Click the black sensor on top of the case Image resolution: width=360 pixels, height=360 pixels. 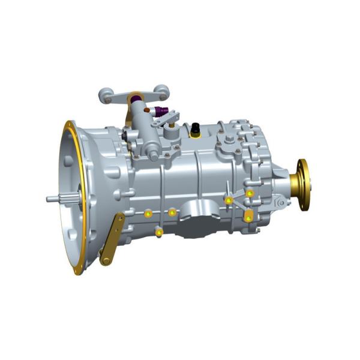tap(195, 128)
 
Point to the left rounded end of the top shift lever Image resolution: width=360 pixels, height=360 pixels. tap(105, 94)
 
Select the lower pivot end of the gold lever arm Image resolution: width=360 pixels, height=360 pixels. tap(106, 260)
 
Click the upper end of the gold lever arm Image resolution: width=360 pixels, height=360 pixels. tap(120, 217)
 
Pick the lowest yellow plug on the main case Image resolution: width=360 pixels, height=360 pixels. tap(158, 232)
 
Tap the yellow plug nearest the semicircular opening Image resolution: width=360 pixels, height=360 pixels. tap(172, 212)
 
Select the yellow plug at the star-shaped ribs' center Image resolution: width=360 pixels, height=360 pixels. tap(229, 200)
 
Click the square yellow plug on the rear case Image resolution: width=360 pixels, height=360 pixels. tap(248, 217)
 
